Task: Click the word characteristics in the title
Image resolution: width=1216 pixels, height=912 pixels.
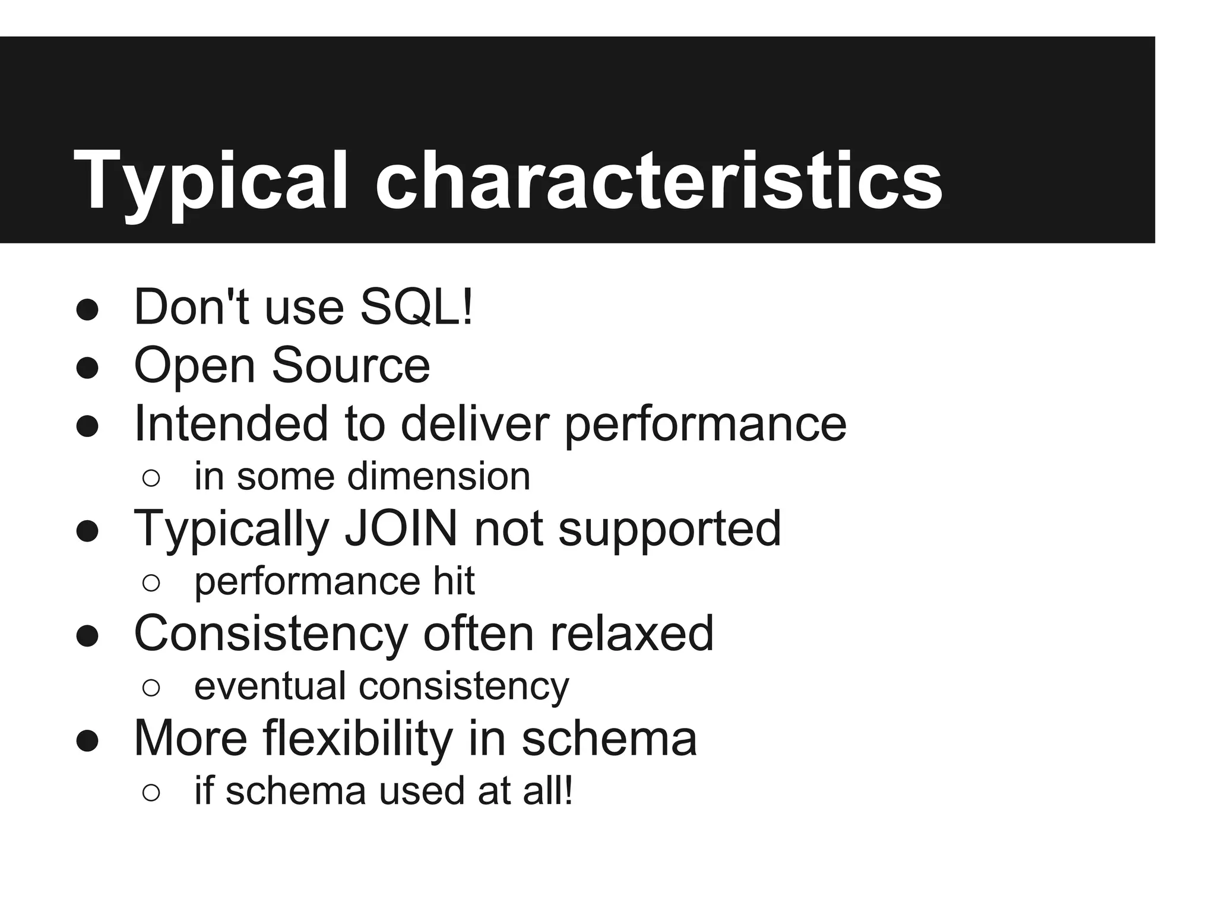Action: (658, 180)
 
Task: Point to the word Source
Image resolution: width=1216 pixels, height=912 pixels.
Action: (351, 365)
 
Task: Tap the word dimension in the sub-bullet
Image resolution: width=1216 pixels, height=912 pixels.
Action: (439, 477)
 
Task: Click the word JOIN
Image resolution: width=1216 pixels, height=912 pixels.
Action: (401, 528)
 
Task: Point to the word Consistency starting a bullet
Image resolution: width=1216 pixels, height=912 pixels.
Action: (271, 634)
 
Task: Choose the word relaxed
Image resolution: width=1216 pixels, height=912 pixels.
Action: (632, 634)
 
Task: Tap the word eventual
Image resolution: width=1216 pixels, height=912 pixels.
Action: (270, 686)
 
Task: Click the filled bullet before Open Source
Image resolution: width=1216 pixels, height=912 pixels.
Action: (87, 368)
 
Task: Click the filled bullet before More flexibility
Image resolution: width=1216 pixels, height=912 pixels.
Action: (87, 741)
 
